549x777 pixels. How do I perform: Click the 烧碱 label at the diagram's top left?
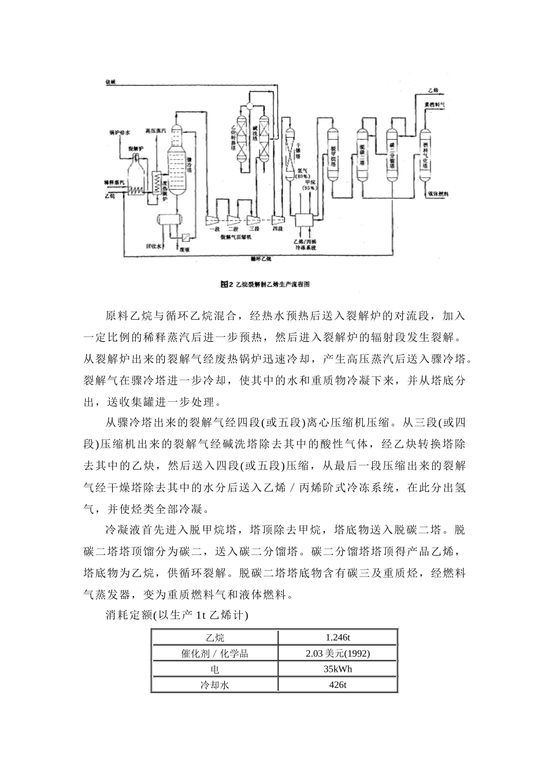(110, 82)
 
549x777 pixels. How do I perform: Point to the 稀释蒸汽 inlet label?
(113, 182)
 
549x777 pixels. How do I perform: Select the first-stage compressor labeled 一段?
(213, 220)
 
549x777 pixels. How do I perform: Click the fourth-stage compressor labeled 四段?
(278, 220)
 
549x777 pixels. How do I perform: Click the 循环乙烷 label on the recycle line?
(261, 258)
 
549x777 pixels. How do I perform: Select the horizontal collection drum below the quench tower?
(169, 219)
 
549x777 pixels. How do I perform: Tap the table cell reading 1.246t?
(337, 638)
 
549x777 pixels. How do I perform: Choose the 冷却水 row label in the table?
(214, 685)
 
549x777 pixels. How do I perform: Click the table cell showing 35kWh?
(337, 669)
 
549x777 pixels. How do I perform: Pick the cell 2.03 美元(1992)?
(337, 653)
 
